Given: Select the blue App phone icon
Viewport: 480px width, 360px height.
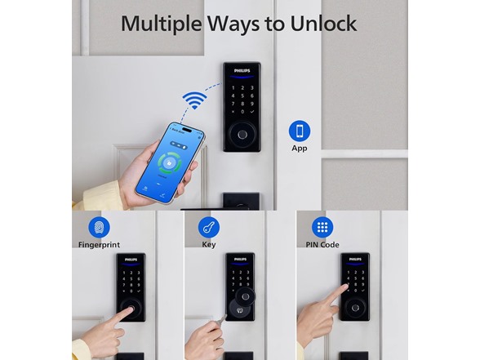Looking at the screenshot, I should click(x=300, y=131).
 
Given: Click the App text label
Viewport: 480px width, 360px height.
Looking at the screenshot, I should click(x=300, y=149).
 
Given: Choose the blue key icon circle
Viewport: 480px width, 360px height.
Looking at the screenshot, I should click(x=209, y=227).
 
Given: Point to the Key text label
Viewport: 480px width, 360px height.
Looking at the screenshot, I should click(x=209, y=245).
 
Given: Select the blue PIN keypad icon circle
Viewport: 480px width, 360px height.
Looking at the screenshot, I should click(x=322, y=227).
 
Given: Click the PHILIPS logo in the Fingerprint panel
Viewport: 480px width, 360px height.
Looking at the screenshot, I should click(x=130, y=260).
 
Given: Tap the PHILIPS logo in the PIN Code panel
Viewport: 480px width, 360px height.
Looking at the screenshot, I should click(x=354, y=260).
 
